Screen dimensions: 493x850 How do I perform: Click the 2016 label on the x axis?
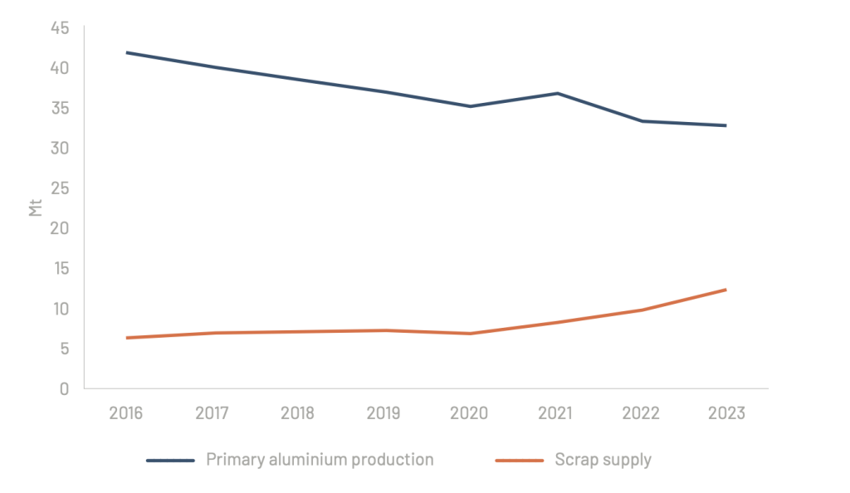[x=126, y=413]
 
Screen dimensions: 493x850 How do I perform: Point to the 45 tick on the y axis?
[x=59, y=28]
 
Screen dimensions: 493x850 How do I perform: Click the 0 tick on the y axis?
[x=64, y=388]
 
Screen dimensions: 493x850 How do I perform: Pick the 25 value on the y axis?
[x=59, y=188]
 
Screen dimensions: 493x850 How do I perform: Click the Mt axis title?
[x=36, y=207]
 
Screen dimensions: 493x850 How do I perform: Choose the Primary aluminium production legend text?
[x=320, y=460]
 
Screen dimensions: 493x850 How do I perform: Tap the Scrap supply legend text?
[x=603, y=460]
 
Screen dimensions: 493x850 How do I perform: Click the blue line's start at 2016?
[x=126, y=52]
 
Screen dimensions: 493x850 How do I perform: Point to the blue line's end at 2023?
[x=726, y=125]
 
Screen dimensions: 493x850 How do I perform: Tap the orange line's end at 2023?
[x=726, y=290]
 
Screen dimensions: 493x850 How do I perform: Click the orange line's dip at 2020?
[x=471, y=334]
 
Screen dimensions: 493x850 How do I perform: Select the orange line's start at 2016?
[x=126, y=338]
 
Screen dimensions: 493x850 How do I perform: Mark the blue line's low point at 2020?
[x=471, y=106]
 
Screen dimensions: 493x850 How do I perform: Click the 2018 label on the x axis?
[x=298, y=413]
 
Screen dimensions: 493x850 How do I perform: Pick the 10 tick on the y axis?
[x=59, y=309]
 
